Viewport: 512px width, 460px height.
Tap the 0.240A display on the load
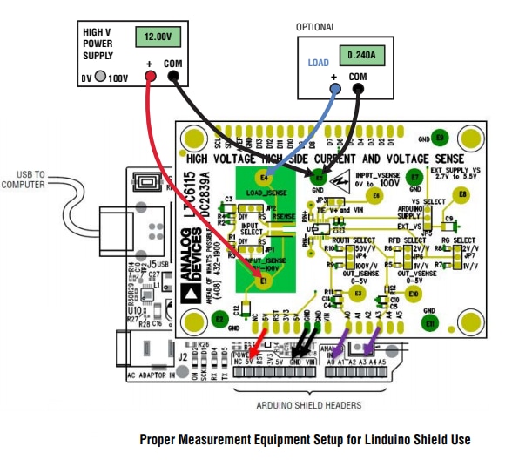tap(360, 55)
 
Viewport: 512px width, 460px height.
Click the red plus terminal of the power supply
tap(150, 78)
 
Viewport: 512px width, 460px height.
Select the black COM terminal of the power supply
tap(172, 78)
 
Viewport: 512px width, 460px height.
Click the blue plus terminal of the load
tap(333, 90)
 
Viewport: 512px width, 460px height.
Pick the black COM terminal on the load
tap(358, 90)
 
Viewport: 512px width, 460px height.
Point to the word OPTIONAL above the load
tap(314, 28)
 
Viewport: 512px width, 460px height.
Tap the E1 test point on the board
tap(264, 281)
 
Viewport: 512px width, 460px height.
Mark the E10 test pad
tap(414, 294)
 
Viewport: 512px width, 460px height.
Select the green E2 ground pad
tap(219, 320)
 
